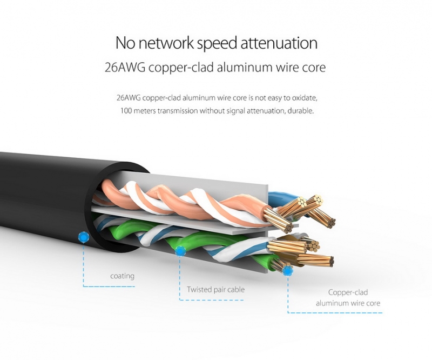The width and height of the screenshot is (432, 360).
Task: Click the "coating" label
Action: [x=122, y=276]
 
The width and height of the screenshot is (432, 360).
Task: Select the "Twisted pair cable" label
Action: [x=215, y=290]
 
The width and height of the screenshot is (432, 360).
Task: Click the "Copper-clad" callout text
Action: [x=348, y=292]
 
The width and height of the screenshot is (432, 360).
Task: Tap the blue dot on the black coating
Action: [x=83, y=236]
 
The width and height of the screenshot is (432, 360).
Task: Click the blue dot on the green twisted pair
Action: [x=180, y=250]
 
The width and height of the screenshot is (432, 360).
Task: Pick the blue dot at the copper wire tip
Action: [x=287, y=270]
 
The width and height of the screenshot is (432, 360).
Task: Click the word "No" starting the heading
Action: [x=125, y=44]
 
